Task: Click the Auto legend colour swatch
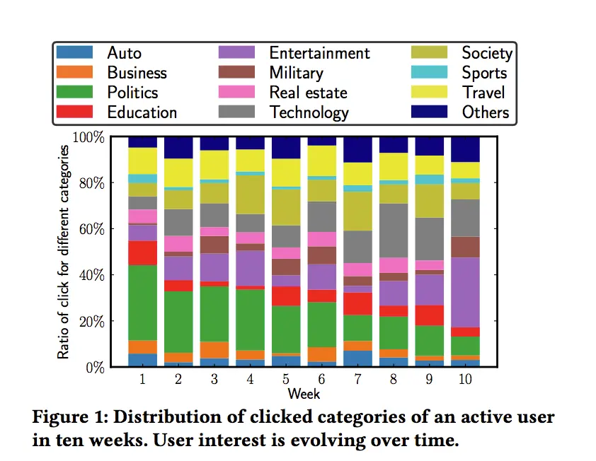tap(74, 53)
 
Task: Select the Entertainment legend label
tap(319, 53)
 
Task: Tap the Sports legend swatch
tap(430, 73)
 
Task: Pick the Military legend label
tap(296, 73)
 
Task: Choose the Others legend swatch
tap(430, 112)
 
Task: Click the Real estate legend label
tap(308, 93)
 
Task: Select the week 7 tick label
tap(358, 380)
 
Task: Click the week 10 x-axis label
tap(465, 380)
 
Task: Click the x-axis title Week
tap(304, 392)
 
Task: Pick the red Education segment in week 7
tap(358, 303)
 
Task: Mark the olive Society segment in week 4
tap(250, 194)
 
